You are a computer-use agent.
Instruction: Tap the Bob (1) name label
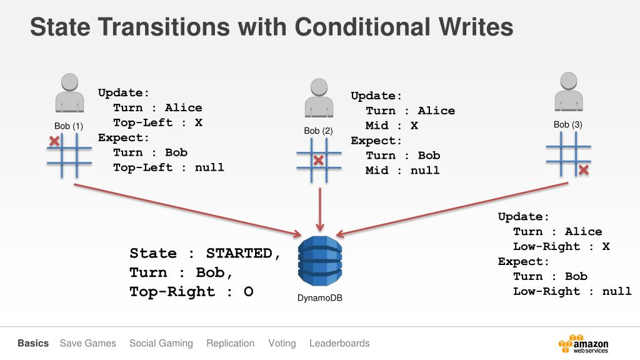tap(69, 126)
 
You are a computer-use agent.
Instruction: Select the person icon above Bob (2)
tap(319, 99)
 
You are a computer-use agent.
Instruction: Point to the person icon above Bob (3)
tap(568, 92)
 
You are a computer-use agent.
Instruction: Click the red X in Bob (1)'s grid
tap(54, 141)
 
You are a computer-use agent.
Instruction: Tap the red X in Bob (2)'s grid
tap(319, 161)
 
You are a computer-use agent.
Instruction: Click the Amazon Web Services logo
tap(583, 344)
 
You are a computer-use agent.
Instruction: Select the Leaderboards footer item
tap(339, 343)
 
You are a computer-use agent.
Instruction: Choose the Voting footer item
tap(282, 343)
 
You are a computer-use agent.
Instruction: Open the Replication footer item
tap(231, 343)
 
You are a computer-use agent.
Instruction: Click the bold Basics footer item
tap(33, 343)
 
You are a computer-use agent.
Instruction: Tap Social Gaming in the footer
tap(161, 343)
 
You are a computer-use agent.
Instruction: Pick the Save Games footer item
tap(88, 343)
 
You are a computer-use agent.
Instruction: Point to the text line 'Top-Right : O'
tap(191, 292)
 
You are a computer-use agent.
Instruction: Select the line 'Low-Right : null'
tap(572, 291)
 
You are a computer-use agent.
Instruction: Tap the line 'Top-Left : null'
tap(168, 167)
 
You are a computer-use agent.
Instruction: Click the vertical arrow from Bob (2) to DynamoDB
tap(320, 209)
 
